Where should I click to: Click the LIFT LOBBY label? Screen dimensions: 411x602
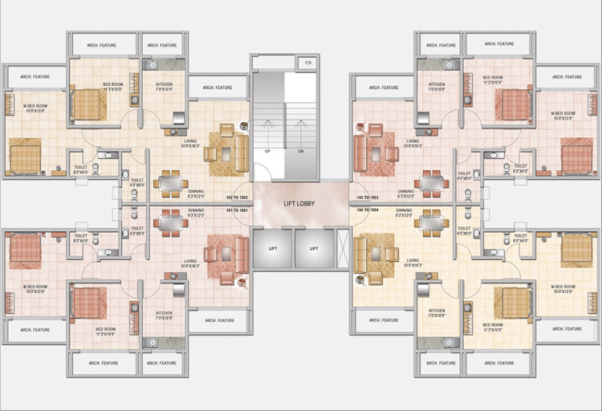tap(299, 204)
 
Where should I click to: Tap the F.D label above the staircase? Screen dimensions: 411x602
tap(307, 63)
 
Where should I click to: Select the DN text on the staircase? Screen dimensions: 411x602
tap(300, 150)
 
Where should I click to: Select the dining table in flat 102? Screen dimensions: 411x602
tap(171, 183)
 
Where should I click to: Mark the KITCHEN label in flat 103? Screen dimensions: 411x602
tap(437, 87)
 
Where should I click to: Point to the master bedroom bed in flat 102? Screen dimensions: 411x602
tap(24, 156)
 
